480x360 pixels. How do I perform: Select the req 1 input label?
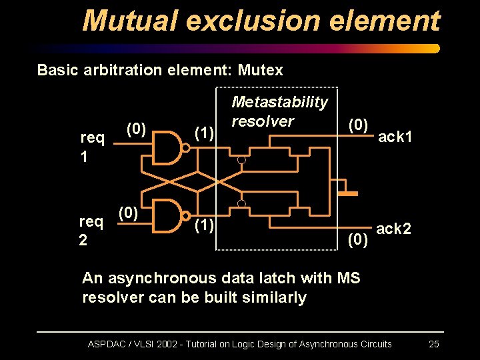click(x=92, y=147)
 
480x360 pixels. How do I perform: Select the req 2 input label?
click(x=91, y=230)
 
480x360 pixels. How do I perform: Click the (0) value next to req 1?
click(x=136, y=128)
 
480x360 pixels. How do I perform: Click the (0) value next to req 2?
click(x=128, y=213)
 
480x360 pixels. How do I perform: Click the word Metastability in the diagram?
click(x=279, y=102)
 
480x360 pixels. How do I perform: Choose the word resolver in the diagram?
click(x=262, y=121)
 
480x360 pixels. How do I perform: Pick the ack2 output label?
click(x=393, y=229)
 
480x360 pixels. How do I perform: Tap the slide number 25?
click(x=433, y=344)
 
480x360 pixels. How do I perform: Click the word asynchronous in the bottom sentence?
click(x=161, y=277)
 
